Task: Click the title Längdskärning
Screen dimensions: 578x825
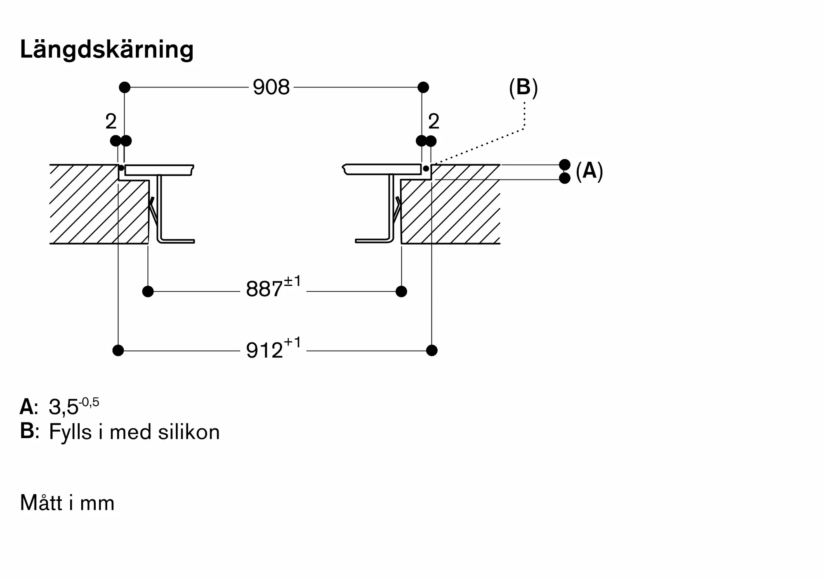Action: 107,50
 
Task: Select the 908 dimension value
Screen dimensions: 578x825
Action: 271,87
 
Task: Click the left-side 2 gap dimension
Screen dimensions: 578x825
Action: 111,121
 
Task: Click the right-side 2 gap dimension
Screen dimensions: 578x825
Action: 434,121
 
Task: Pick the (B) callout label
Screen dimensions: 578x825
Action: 523,88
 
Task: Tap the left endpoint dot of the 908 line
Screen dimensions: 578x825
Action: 125,87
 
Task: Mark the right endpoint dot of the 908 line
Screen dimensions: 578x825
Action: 423,87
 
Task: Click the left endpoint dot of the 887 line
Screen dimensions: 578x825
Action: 148,292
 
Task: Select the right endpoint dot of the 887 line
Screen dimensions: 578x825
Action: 401,292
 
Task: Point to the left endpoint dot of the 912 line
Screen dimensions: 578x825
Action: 118,351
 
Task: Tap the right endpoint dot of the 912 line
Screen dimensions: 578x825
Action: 432,351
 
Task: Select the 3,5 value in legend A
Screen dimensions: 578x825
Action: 64,408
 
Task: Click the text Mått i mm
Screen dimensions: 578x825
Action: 67,503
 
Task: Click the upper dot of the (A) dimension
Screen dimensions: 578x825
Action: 565,165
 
